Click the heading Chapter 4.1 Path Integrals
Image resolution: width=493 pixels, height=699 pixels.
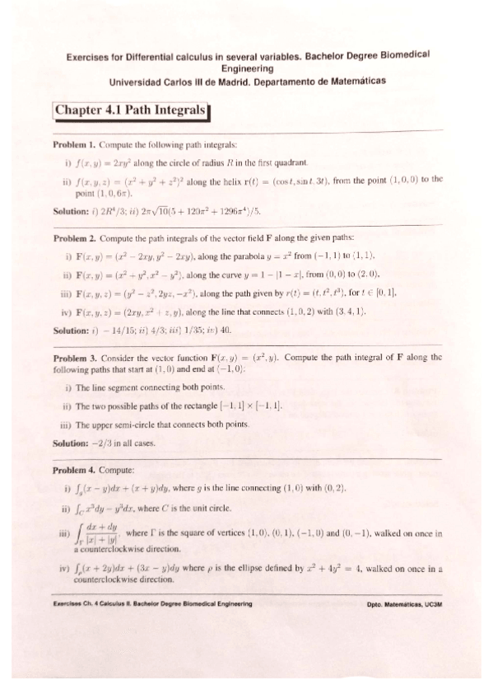(x=130, y=110)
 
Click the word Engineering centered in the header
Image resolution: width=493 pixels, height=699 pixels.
(x=247, y=69)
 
